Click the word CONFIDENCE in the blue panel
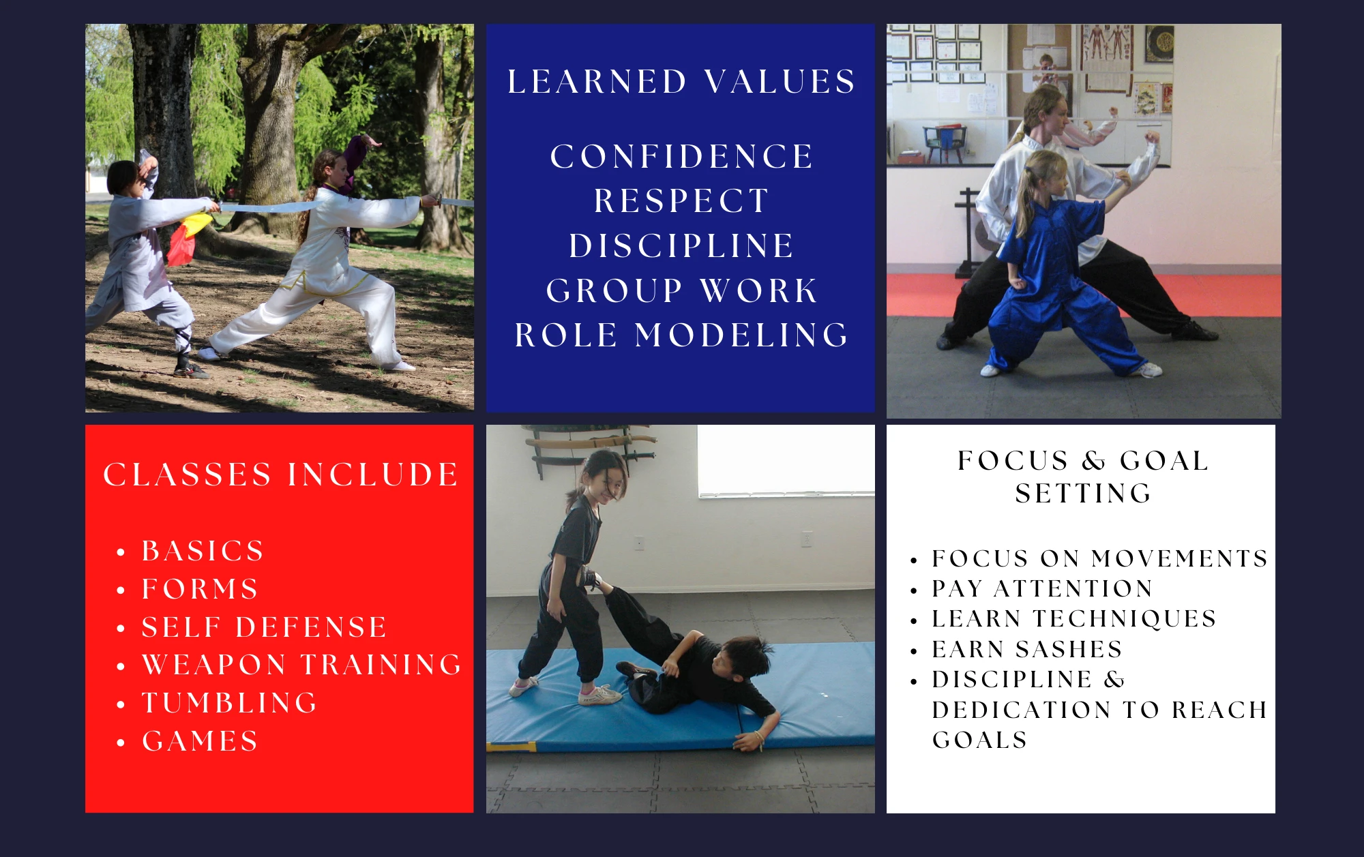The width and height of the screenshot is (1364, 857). [x=681, y=157]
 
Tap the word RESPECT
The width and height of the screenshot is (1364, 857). [x=681, y=201]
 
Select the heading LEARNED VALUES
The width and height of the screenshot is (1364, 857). [x=681, y=82]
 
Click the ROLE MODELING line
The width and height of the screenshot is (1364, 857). [x=681, y=335]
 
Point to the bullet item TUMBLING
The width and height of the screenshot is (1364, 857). [x=230, y=703]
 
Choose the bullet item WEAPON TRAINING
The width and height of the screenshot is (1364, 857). [x=302, y=665]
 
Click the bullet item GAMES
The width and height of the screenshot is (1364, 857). [x=200, y=741]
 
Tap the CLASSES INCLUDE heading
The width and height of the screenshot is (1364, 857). [x=280, y=475]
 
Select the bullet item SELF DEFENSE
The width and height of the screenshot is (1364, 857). [x=265, y=627]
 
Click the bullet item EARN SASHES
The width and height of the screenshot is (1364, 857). [x=1027, y=649]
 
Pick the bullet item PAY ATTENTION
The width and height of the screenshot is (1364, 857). [x=1042, y=588]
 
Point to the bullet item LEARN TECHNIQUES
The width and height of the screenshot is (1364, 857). [x=1074, y=618]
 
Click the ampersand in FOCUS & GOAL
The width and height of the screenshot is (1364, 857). [x=1094, y=461]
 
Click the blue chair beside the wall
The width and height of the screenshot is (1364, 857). [x=944, y=142]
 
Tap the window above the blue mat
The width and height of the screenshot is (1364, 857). [x=786, y=461]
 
